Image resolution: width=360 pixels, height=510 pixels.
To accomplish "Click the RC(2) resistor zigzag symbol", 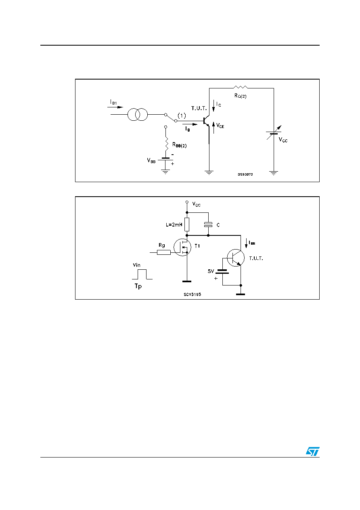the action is tap(240, 87).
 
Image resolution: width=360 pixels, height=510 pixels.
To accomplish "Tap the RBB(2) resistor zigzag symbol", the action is tap(167, 144).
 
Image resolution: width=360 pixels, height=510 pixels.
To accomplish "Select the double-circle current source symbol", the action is tap(138, 115).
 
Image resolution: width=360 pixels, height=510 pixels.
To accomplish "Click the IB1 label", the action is tap(113, 102).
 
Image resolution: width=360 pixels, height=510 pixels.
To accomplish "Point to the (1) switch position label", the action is tap(182, 115).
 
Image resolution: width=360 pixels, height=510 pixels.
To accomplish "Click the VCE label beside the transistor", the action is tap(220, 126).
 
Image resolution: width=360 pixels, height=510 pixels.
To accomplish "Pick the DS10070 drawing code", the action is tap(245, 174).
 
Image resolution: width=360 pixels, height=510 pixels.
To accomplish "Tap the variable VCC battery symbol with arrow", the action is tap(274, 133).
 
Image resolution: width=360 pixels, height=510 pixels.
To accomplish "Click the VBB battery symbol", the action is tap(165, 159).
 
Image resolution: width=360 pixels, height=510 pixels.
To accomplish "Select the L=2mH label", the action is tap(174, 225).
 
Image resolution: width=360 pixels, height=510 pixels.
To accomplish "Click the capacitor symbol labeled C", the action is tap(208, 225).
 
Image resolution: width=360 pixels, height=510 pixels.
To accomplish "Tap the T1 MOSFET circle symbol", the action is tap(182, 247).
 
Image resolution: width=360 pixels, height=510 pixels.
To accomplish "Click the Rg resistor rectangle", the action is tap(163, 252).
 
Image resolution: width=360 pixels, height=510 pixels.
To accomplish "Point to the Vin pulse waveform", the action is tap(142, 274).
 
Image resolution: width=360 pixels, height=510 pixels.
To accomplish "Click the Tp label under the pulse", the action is tap(138, 286).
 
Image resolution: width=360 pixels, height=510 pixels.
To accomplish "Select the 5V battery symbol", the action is tap(222, 272).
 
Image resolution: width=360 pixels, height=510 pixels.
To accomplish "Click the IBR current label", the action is tap(252, 243).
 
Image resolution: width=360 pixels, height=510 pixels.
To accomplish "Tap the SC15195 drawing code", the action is tap(192, 294).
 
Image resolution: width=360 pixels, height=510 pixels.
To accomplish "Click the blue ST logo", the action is tap(313, 451).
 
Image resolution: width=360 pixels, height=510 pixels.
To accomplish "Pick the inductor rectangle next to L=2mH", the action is tap(187, 225).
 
